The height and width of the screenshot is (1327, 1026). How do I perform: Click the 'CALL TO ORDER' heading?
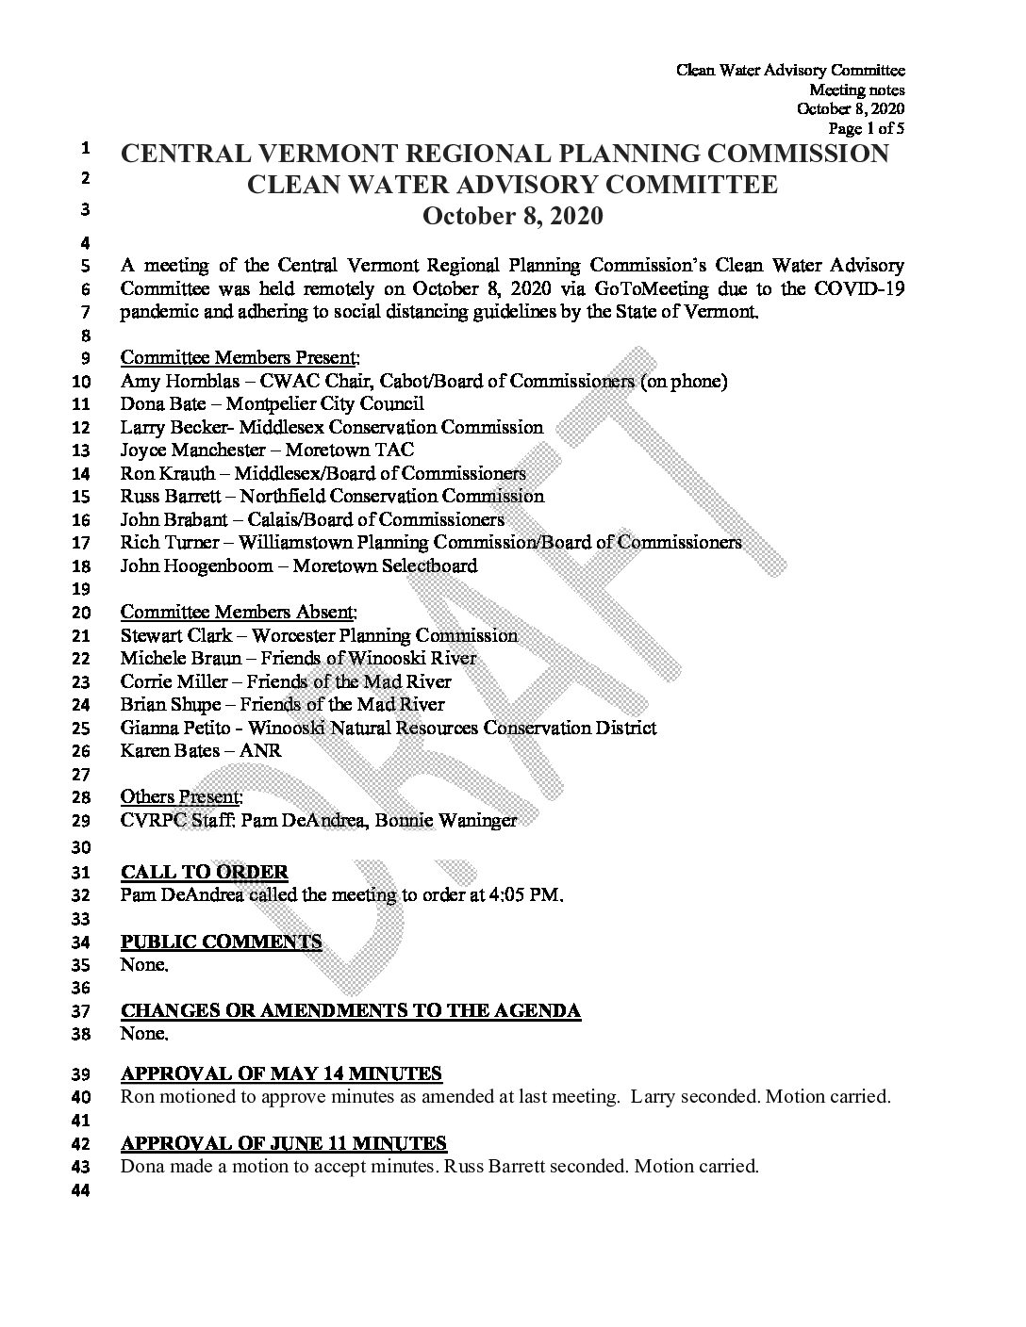pyautogui.click(x=205, y=873)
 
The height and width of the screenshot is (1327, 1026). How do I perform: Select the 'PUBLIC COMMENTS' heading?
pyautogui.click(x=222, y=942)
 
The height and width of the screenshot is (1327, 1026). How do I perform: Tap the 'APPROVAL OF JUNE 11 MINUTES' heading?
pyautogui.click(x=284, y=1143)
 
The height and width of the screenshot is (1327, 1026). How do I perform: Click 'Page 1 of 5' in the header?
pyautogui.click(x=866, y=128)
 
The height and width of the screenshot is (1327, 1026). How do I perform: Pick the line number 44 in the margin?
pyautogui.click(x=80, y=1190)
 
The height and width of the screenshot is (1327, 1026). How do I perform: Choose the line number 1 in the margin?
pyautogui.click(x=85, y=149)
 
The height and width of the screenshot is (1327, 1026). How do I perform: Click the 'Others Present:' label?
pyautogui.click(x=182, y=797)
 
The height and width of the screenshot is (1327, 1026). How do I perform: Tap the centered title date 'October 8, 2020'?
pyautogui.click(x=512, y=217)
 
